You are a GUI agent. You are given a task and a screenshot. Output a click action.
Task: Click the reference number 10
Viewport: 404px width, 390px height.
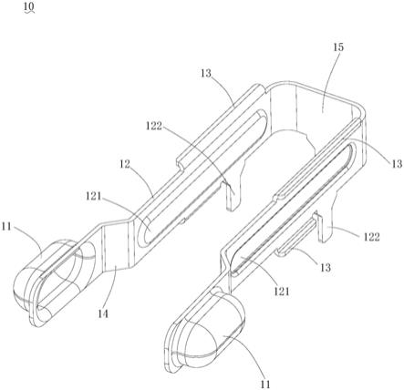click(x=29, y=5)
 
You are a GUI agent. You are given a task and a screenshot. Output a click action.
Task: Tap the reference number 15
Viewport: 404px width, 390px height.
click(x=338, y=47)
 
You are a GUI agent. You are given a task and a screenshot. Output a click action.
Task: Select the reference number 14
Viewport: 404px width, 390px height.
click(x=103, y=313)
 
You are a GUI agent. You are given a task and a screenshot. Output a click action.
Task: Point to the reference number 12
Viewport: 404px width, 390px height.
click(x=125, y=164)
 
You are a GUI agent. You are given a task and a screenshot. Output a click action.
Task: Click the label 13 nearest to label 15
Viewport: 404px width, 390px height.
click(x=206, y=73)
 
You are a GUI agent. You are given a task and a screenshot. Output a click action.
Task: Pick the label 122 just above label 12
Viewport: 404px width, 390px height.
click(x=154, y=126)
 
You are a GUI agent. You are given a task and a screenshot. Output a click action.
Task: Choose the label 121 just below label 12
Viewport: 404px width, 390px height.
click(x=93, y=196)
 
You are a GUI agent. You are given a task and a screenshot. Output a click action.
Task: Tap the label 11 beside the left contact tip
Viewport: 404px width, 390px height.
click(x=6, y=227)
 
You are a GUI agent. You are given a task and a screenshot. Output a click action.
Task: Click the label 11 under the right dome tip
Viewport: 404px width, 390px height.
click(x=265, y=385)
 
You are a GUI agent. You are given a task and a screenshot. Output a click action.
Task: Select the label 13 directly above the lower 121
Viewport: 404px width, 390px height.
click(x=326, y=268)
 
